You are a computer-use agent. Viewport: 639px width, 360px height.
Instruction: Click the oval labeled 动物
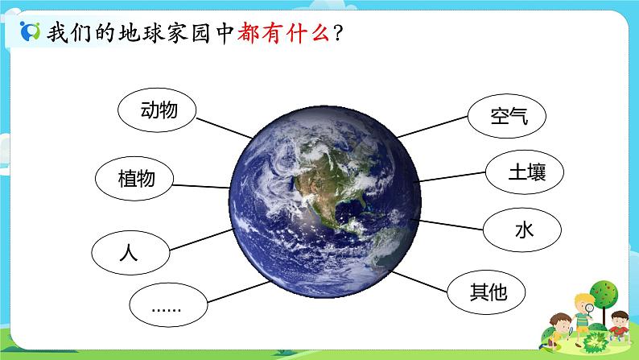tap(158, 109)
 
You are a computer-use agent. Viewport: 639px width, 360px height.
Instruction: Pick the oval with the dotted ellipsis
tap(167, 305)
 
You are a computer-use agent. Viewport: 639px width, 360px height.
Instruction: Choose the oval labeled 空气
tap(508, 115)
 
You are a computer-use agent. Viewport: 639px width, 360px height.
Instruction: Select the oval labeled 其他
tap(488, 291)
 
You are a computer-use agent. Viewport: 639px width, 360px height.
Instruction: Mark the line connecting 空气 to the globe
tap(432, 126)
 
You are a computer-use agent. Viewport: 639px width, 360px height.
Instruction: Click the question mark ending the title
tap(339, 35)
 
